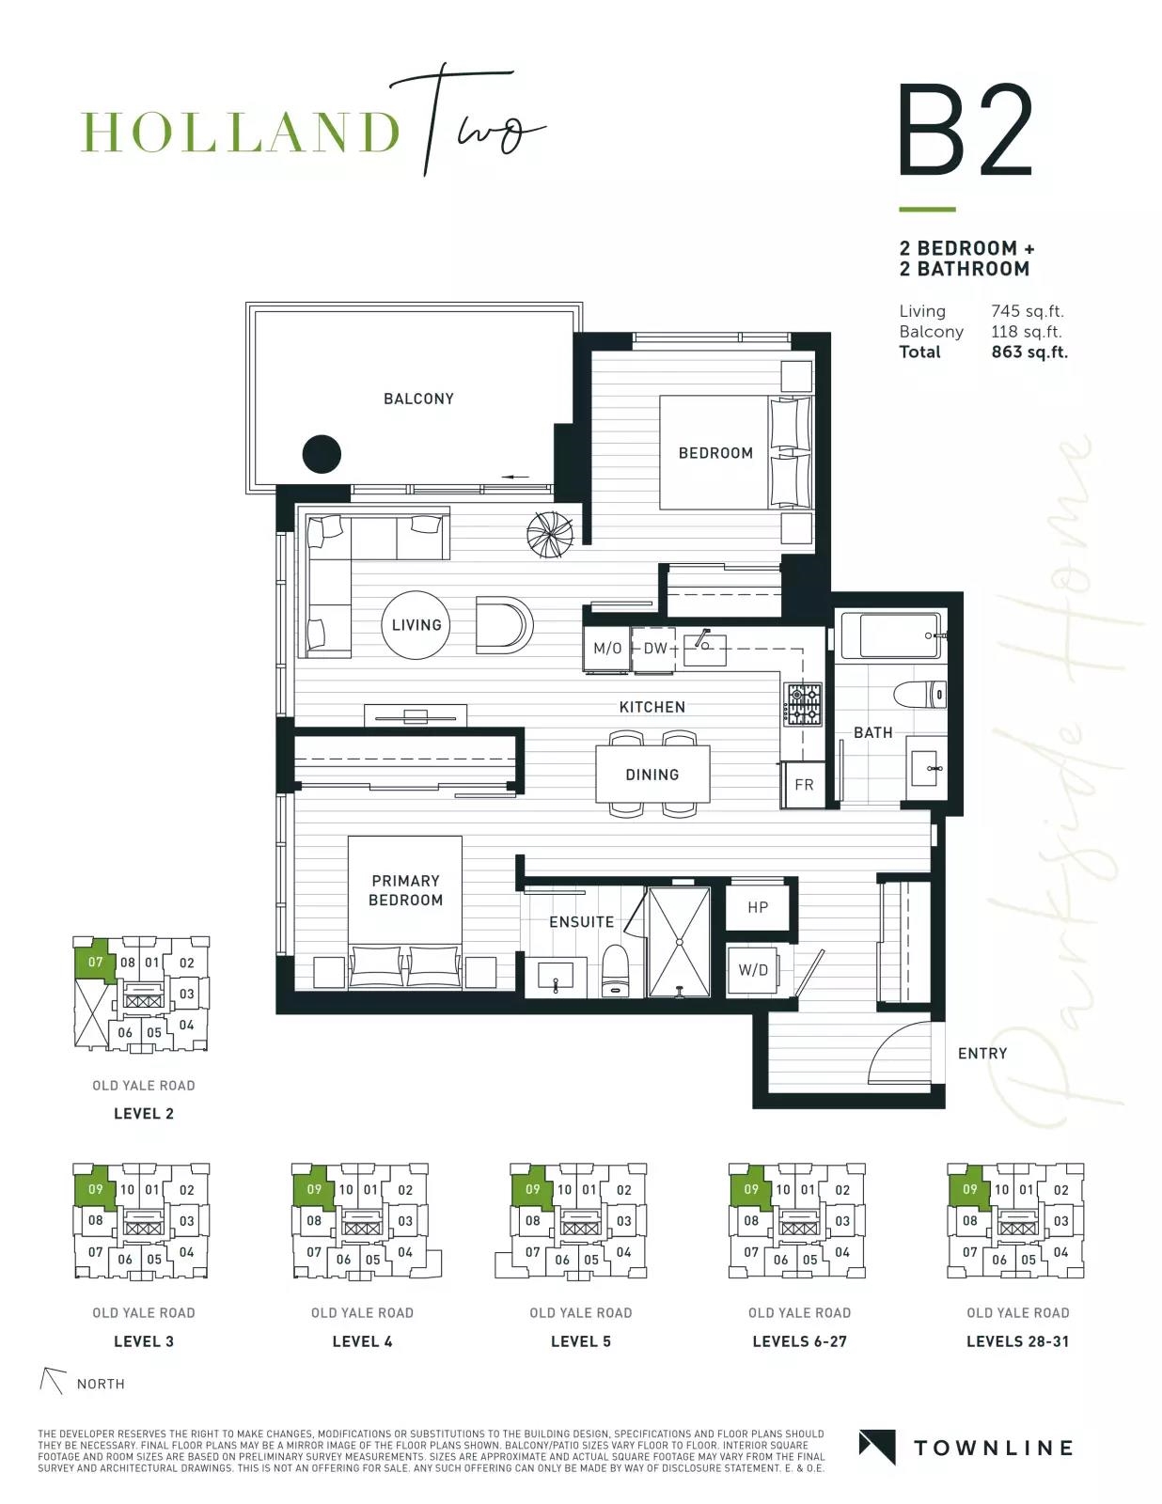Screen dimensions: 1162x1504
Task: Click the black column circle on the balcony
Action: tap(322, 454)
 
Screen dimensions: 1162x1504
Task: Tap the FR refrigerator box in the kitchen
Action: tap(804, 784)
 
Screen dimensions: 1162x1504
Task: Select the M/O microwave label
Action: tap(607, 649)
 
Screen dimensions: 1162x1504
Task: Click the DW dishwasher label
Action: tap(654, 649)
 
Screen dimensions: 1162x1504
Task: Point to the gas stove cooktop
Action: tap(803, 704)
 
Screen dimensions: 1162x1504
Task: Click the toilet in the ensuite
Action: tap(615, 971)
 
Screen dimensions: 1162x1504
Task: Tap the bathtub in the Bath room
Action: tap(890, 635)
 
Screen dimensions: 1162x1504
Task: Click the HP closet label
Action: tap(758, 907)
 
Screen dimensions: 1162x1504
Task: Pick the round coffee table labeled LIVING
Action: tap(416, 625)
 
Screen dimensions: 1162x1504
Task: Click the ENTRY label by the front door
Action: tap(982, 1054)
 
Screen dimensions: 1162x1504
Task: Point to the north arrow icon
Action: tap(53, 1379)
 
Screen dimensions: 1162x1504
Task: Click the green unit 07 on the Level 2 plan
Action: tap(94, 961)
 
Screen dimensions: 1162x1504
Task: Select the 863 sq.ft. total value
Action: tap(1029, 352)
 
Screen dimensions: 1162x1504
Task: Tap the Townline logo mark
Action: tap(877, 1448)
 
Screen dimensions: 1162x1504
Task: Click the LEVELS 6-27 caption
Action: tap(799, 1341)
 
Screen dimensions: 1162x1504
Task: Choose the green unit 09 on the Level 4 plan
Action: tap(313, 1188)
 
